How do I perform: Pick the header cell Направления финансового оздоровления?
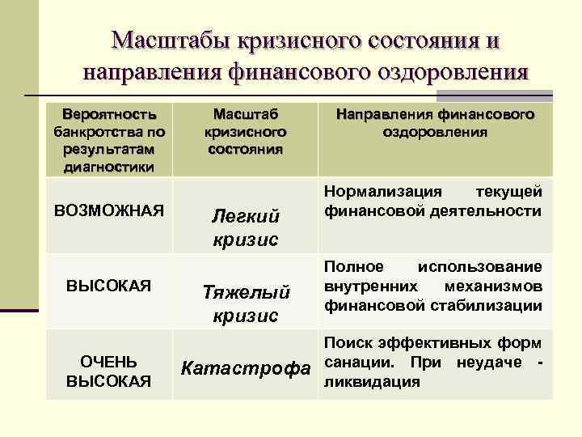(436, 121)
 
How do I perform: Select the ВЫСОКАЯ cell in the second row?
(109, 286)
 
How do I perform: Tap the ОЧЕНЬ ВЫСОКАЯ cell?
(109, 371)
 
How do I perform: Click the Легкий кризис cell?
(246, 227)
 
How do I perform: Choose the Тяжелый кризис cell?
(246, 303)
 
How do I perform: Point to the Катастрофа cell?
(246, 370)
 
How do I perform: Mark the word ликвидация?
(372, 381)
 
